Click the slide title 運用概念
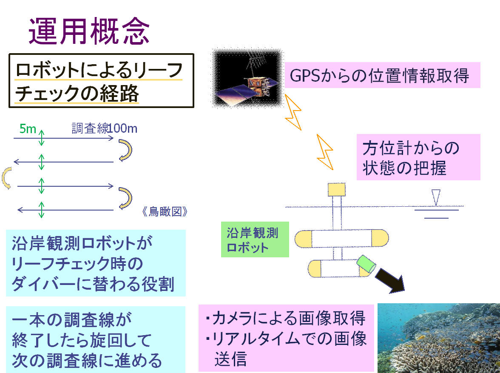click(x=89, y=32)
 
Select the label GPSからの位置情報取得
click(x=379, y=76)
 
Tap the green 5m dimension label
click(x=28, y=128)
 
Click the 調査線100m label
click(x=104, y=128)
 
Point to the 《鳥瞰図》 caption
click(x=165, y=212)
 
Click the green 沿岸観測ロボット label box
click(x=254, y=239)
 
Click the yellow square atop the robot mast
click(x=336, y=189)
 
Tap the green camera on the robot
click(x=366, y=264)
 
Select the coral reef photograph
click(x=438, y=338)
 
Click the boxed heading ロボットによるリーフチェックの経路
click(x=101, y=81)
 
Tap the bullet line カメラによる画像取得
click(x=285, y=318)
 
